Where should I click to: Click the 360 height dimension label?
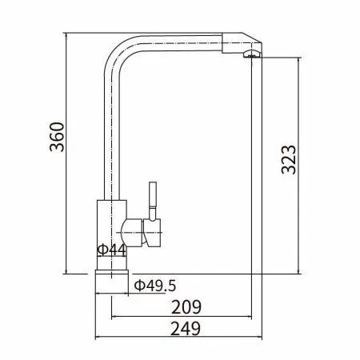tap(57, 137)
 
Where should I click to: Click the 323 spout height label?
tap(289, 160)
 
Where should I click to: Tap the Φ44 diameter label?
tap(112, 250)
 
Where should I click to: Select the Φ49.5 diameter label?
tap(155, 286)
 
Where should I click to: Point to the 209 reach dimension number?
tap(186, 307)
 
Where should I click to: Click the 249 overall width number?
tap(186, 328)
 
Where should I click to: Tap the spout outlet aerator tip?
tap(252, 54)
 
